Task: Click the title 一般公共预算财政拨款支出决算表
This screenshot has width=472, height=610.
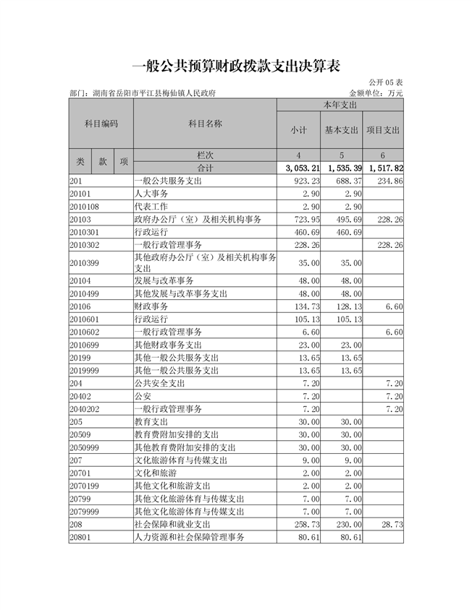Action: pyautogui.click(x=236, y=66)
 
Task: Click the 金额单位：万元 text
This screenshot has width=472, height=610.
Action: pyautogui.click(x=376, y=93)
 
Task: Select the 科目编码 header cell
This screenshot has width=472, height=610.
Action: pyautogui.click(x=101, y=124)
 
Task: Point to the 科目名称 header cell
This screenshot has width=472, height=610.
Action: pyautogui.click(x=205, y=124)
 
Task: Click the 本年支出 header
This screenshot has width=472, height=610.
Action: pyautogui.click(x=340, y=106)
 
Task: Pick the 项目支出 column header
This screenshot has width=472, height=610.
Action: pyautogui.click(x=383, y=130)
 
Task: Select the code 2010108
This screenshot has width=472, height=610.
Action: pyautogui.click(x=85, y=206)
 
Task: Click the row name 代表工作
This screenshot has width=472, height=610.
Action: pyautogui.click(x=151, y=206)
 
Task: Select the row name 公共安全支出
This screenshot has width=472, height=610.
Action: pyautogui.click(x=160, y=383)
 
